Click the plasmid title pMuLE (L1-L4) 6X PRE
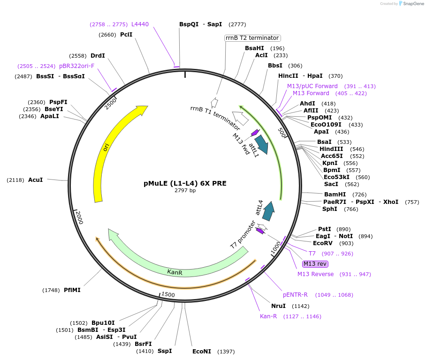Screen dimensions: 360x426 coord(185,183)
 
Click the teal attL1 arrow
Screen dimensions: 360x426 coord(261,144)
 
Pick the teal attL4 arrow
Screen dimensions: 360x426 coord(268,211)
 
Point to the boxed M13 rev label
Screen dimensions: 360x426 coord(315,264)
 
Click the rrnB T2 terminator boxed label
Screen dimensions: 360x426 coord(252,38)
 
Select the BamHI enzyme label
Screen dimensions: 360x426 coord(335,195)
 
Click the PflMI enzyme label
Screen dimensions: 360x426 coord(72,290)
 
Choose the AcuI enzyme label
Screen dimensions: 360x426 coord(36,180)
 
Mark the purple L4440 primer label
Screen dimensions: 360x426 coord(140,24)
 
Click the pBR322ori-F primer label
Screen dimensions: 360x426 coord(77,66)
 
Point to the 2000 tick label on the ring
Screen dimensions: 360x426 coord(79,217)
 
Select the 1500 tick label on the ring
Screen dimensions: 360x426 coord(168,294)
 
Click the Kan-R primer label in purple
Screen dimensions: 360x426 coord(268,316)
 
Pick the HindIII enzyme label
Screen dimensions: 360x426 coord(331,149)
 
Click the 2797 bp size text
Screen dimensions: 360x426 coord(185,190)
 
